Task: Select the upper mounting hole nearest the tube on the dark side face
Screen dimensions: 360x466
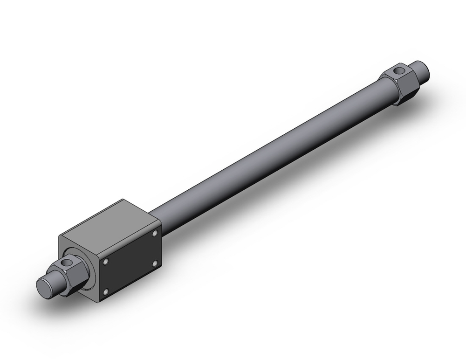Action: coord(155,233)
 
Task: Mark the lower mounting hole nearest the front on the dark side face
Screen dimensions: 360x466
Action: coord(106,292)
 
